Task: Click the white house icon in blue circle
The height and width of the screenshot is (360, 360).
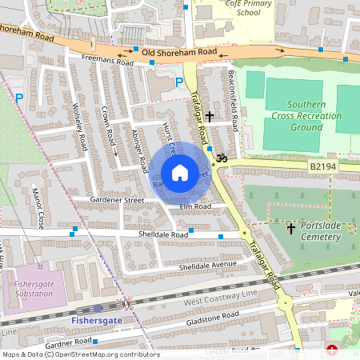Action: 180,173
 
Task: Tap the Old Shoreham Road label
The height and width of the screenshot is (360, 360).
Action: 174,52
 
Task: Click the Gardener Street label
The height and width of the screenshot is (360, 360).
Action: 117,199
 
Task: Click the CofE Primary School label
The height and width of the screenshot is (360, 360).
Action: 238,8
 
